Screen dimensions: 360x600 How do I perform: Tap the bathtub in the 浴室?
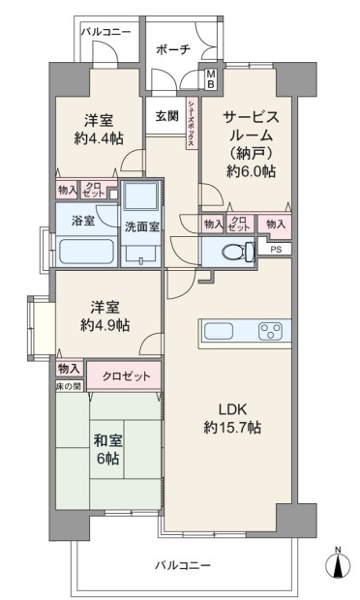point(86,252)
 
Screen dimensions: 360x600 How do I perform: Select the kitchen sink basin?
point(219,331)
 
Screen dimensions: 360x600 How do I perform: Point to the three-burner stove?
point(270,331)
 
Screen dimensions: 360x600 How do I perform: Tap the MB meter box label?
point(210,79)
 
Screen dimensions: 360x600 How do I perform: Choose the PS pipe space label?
point(276,250)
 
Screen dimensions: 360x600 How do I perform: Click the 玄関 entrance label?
point(166,115)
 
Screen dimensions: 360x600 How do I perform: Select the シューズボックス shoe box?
point(192,123)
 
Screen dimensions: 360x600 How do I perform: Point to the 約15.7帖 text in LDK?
point(232,427)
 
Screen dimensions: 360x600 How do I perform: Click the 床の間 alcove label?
point(69,386)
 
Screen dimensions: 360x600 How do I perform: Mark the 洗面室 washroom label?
point(142,226)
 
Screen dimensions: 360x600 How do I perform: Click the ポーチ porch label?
point(173,49)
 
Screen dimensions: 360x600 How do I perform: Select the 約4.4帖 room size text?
point(99,138)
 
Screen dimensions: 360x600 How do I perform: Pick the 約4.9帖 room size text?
point(105,325)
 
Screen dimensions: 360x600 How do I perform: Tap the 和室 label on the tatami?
point(107,441)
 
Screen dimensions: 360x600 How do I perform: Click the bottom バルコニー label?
point(183,565)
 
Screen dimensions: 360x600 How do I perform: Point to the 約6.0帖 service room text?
point(251,172)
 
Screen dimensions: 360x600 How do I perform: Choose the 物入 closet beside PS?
point(275,225)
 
